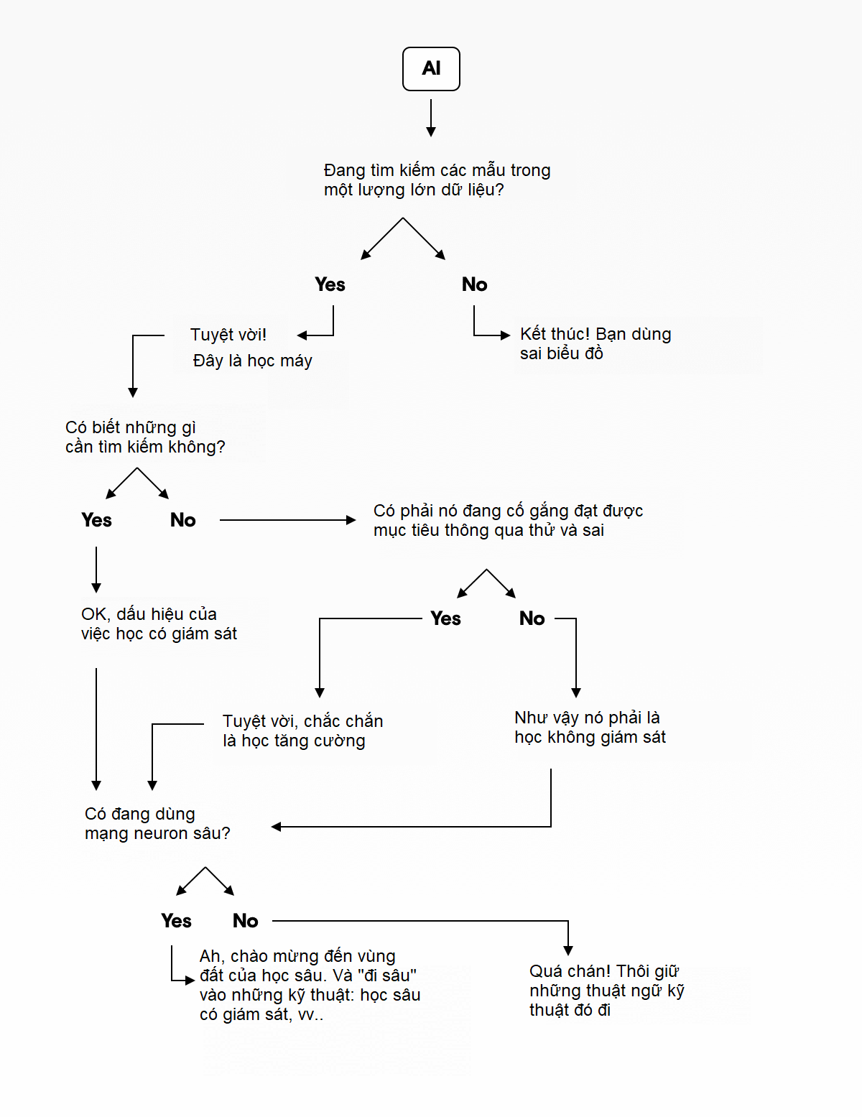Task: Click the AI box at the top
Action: pos(431,69)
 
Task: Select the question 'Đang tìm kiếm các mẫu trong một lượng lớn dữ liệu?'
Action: pos(437,180)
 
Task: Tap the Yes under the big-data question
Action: pos(330,284)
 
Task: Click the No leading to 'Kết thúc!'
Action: pos(474,284)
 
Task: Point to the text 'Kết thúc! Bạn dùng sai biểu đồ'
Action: pos(595,343)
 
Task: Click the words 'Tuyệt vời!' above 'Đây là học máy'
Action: pos(228,335)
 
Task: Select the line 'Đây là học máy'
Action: pos(252,361)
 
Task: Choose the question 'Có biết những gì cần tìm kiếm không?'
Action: pos(144,437)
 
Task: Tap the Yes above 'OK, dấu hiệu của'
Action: pos(96,520)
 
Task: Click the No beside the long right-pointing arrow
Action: pos(182,520)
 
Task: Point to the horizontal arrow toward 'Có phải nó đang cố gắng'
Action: pos(287,520)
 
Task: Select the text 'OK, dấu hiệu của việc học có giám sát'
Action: pos(159,624)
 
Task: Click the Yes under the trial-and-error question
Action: pos(445,618)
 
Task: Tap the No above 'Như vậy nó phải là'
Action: pos(532,618)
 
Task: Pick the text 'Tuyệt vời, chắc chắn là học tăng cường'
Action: pos(302,731)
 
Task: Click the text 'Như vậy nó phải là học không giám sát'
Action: pos(590,727)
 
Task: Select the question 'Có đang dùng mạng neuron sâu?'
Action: pos(157,823)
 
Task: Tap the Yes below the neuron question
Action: pos(176,921)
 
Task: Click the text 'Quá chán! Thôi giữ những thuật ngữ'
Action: pos(606,990)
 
